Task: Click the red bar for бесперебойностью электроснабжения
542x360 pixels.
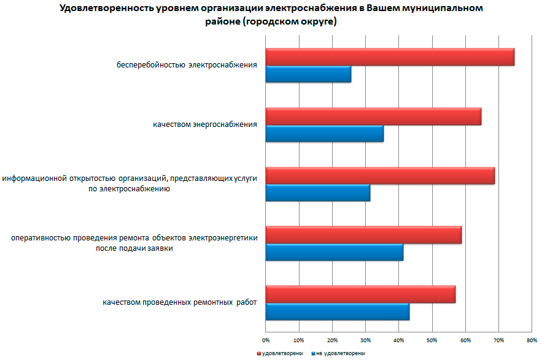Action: tap(390, 57)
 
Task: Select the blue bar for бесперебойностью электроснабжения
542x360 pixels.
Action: tap(308, 74)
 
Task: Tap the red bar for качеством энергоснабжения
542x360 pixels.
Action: tap(373, 117)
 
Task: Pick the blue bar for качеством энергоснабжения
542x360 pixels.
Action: tap(325, 134)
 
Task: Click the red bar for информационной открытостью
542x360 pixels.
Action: tap(380, 175)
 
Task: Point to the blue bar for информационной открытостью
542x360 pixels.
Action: tap(318, 193)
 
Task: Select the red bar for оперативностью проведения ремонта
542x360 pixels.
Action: tap(363, 235)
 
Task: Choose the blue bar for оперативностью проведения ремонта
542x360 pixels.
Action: tap(335, 252)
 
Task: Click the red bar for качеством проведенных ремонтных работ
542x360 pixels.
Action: tap(360, 294)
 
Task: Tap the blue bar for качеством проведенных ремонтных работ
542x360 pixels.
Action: tap(338, 312)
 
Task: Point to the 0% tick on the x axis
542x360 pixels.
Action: tap(266, 339)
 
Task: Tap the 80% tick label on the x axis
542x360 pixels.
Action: tap(532, 339)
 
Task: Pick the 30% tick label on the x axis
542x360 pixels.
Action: tap(365, 339)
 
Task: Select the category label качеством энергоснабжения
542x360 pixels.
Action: tap(204, 124)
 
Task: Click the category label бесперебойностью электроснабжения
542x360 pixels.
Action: tap(187, 64)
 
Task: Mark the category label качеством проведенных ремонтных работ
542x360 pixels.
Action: tap(179, 302)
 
